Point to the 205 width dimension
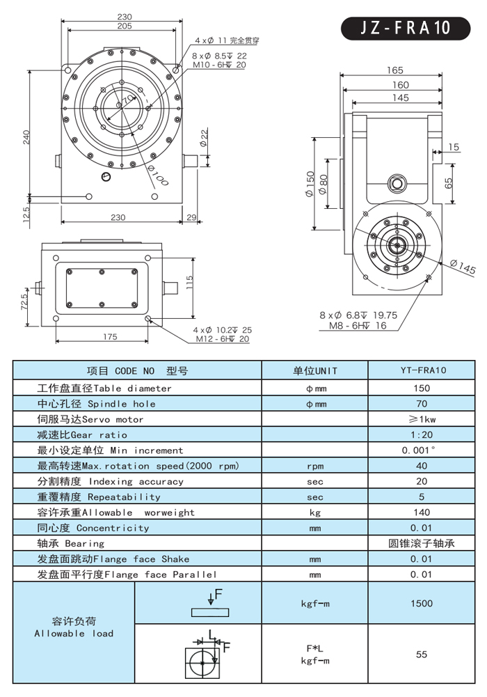point(125,26)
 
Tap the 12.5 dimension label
point(26,210)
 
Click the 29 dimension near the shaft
point(193,218)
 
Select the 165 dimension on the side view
point(394,70)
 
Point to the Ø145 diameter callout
point(463,267)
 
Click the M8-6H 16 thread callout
point(358,326)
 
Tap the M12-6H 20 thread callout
point(222,339)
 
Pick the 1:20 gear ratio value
point(421,434)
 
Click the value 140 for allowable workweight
point(421,512)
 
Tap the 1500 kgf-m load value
point(421,604)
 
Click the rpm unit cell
point(314,466)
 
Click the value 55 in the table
point(421,655)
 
